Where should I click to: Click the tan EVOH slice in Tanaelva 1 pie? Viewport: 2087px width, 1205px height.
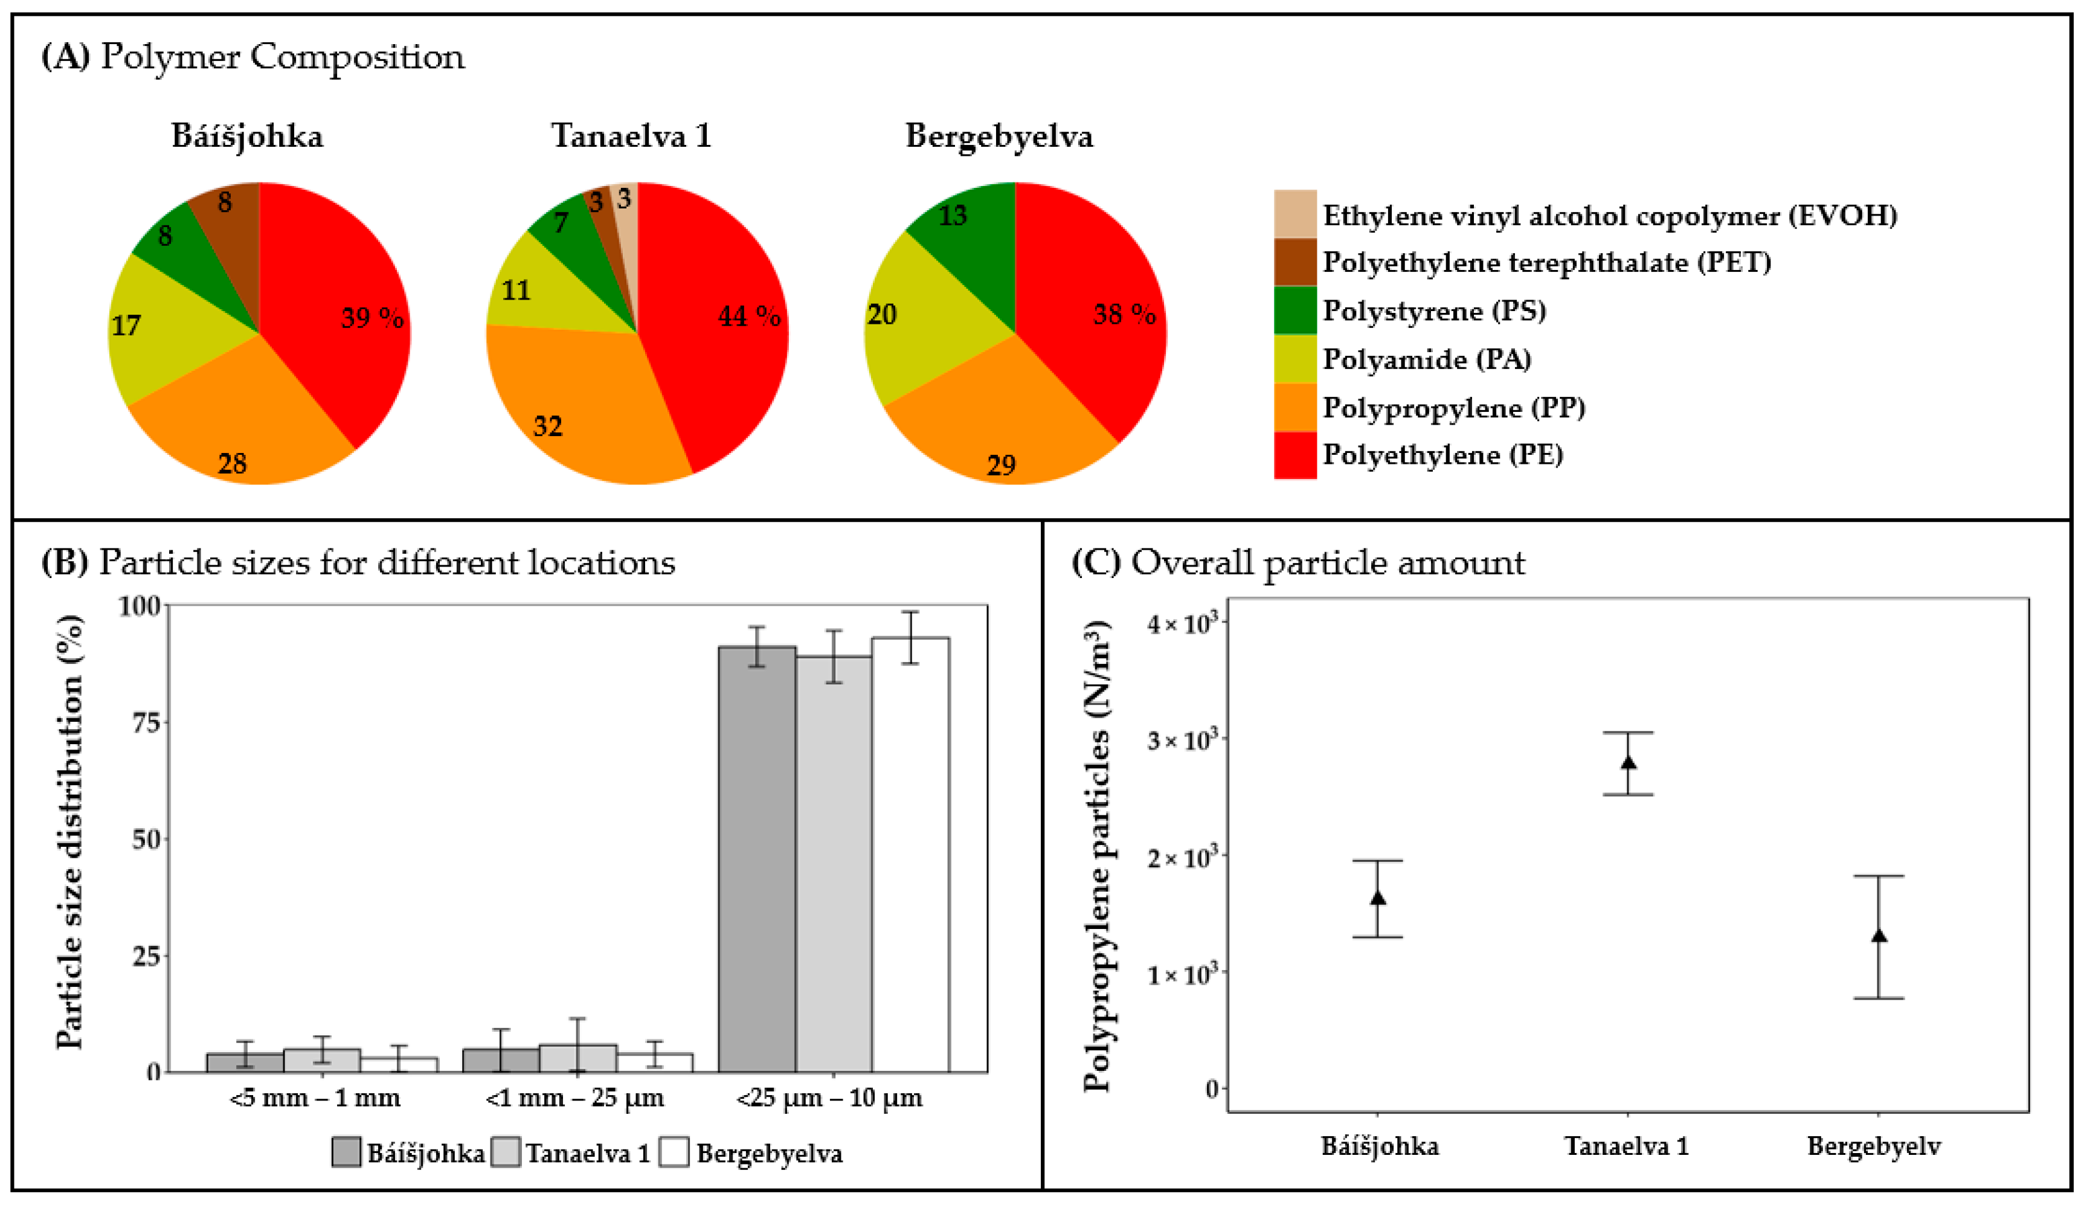626,207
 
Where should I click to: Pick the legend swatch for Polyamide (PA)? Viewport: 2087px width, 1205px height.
1294,358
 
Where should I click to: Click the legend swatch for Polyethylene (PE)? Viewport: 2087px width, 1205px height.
1294,454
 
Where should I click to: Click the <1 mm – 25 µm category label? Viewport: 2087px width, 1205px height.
574,1098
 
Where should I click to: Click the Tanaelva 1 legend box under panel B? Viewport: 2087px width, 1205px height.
505,1152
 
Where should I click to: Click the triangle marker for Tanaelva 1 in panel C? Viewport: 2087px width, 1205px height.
1628,762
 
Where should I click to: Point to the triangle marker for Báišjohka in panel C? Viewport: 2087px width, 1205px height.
1377,898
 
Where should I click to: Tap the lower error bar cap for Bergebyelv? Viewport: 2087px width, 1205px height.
1879,998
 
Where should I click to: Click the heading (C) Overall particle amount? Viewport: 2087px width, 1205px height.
1297,563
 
